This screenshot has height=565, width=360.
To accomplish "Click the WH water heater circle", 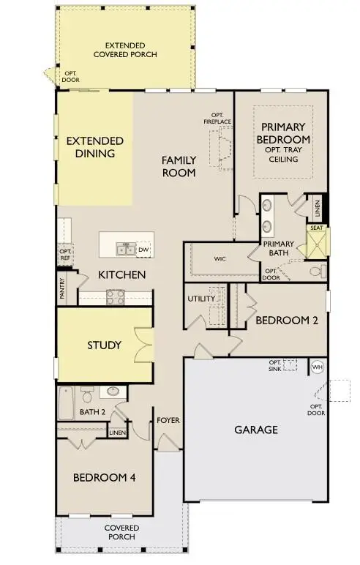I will click(x=318, y=366).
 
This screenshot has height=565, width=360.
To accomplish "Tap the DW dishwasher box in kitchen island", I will click(x=143, y=249).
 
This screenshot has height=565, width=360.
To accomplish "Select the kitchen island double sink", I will click(x=124, y=250).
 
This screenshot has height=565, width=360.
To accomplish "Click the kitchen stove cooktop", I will click(x=115, y=296).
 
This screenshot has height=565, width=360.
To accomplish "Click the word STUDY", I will click(x=105, y=345).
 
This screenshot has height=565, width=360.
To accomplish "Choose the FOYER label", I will click(x=168, y=421).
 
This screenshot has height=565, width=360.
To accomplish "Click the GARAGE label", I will click(x=255, y=430).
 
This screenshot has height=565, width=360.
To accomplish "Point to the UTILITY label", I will click(x=201, y=299).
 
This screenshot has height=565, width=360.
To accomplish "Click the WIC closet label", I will click(x=220, y=258).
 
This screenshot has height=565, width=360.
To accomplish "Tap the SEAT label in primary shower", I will click(x=317, y=228).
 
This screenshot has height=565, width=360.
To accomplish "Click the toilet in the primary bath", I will click(x=315, y=272).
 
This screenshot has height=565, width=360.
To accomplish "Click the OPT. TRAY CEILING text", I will click(x=283, y=154).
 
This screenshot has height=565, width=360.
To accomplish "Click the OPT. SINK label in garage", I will click(x=275, y=365).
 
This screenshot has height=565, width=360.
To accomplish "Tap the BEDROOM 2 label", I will click(x=280, y=320).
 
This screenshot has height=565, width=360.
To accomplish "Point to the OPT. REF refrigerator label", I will click(x=65, y=255).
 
